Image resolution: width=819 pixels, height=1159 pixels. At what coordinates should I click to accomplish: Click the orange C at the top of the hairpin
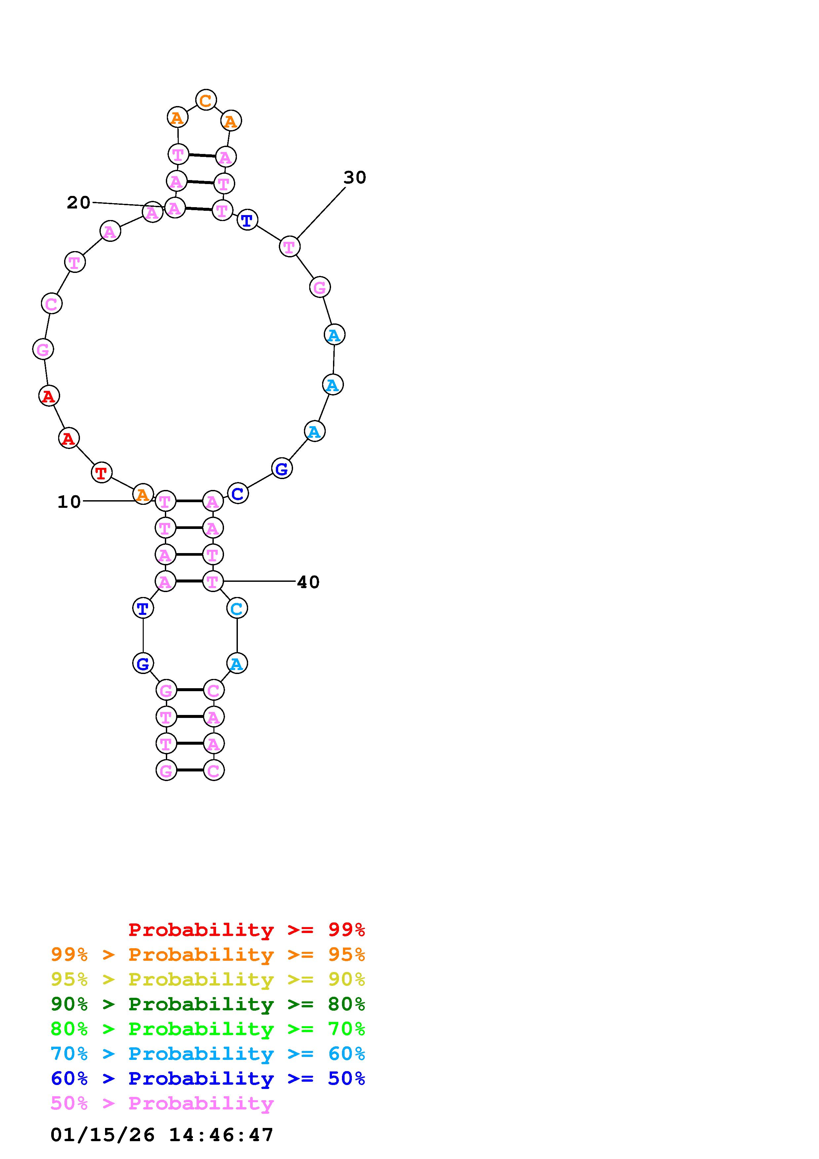206,100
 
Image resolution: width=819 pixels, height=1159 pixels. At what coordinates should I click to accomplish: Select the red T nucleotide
101,473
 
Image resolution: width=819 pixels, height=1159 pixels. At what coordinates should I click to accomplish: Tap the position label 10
69,502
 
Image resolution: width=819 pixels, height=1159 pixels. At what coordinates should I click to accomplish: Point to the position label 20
78,203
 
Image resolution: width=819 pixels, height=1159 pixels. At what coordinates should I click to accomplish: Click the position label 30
355,177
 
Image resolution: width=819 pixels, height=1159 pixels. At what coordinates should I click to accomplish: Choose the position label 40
308,582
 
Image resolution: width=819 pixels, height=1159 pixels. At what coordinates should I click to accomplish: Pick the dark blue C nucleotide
238,493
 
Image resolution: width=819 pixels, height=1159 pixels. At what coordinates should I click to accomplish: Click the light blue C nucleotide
237,608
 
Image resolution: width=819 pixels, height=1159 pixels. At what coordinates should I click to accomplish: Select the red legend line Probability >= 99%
247,929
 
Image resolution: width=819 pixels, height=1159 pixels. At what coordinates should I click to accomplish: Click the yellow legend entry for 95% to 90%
208,979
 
